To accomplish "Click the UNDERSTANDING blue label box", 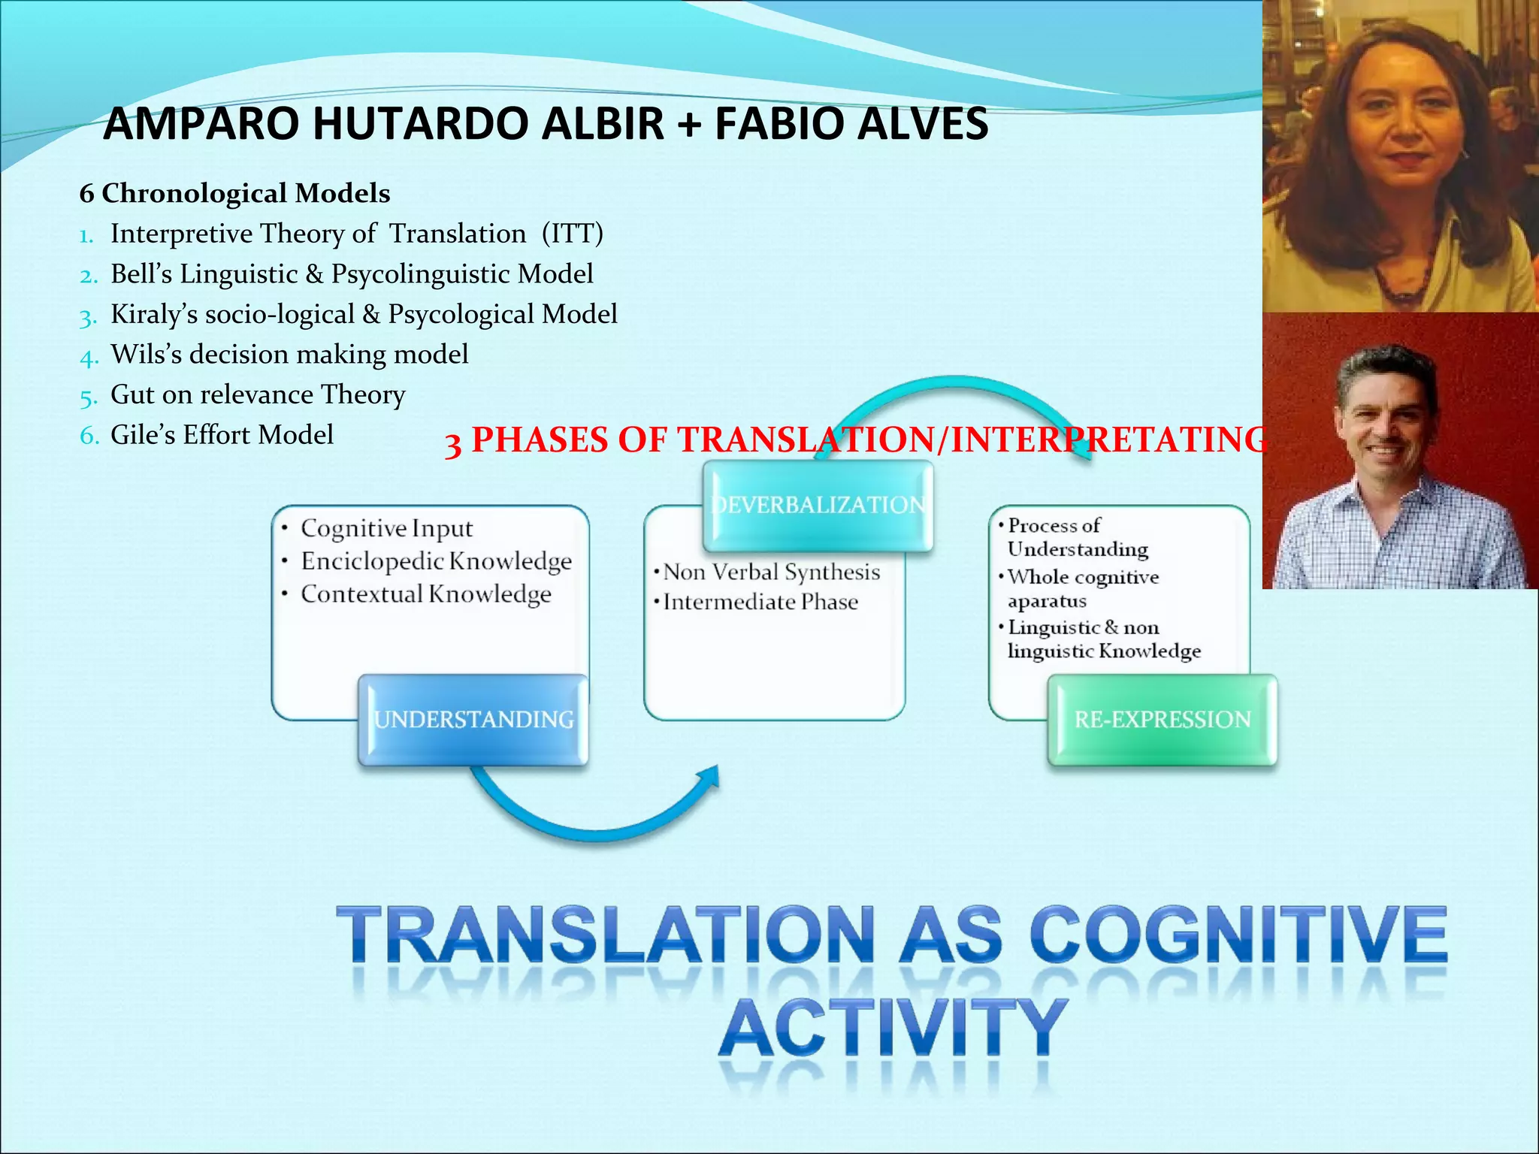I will [473, 720].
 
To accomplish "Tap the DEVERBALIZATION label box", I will [818, 505].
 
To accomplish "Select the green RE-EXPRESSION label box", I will [1162, 720].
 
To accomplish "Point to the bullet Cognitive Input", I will [386, 528].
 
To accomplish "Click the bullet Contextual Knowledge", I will [425, 594].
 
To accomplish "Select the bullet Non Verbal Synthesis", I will [771, 572].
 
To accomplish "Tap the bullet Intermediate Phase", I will [760, 603].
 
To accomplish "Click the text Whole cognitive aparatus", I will [1082, 588].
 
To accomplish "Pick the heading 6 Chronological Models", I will [234, 193].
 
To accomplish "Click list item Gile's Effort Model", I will [222, 435].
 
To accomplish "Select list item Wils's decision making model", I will [289, 354].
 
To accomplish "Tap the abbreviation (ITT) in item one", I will [572, 234].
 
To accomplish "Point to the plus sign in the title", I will [688, 125].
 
